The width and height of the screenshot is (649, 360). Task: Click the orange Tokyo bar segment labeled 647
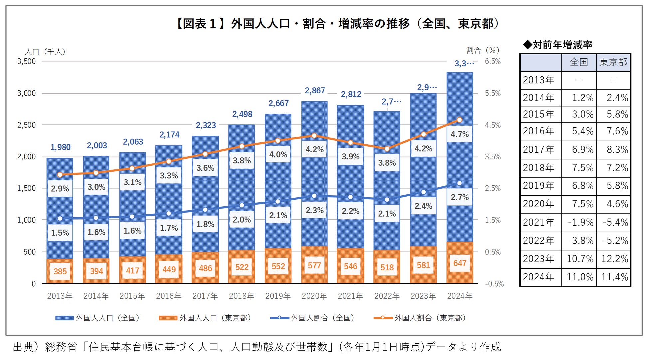[459, 263]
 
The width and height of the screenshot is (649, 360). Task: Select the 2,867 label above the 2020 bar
[315, 91]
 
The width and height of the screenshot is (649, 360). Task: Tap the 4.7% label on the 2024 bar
[459, 134]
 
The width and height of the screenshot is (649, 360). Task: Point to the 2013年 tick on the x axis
[60, 296]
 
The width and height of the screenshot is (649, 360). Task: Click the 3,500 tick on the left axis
[26, 61]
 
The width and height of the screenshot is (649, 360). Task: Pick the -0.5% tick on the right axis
[494, 284]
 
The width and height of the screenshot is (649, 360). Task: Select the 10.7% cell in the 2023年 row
[580, 259]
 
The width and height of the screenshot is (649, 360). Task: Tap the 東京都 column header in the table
[613, 62]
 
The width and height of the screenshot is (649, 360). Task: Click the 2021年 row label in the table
[539, 222]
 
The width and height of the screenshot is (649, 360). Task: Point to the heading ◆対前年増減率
[557, 45]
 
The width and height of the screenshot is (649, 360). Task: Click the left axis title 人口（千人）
[45, 52]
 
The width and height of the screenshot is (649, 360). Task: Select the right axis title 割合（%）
[483, 50]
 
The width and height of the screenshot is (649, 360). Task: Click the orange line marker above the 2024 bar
[459, 120]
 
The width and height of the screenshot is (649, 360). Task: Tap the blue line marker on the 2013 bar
[60, 219]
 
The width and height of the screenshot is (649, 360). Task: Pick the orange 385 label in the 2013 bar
[60, 271]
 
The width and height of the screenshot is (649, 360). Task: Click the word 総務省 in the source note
[61, 347]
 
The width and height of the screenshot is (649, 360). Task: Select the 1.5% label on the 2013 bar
[60, 232]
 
